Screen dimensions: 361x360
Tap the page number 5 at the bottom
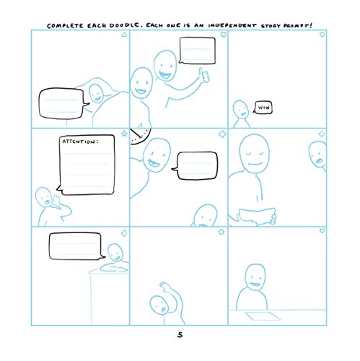point(180,334)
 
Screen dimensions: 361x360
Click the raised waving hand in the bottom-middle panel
point(168,288)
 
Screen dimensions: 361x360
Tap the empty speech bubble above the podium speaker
point(75,246)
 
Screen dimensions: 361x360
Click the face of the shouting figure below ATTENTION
point(45,196)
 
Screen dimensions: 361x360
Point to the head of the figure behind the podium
point(113,252)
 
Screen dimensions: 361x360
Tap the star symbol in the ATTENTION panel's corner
point(124,134)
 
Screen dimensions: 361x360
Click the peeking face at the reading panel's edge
point(317,152)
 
